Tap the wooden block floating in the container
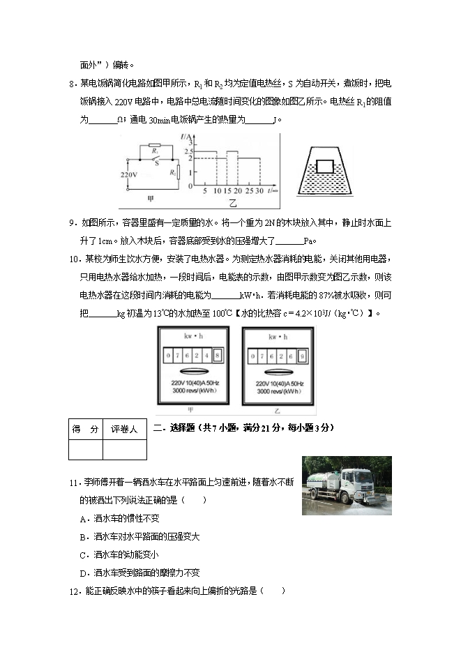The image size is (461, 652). point(325,166)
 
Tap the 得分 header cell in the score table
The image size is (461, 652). point(85,430)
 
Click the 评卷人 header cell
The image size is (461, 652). point(124,430)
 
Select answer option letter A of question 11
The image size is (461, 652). point(83,519)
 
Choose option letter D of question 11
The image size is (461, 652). point(83,573)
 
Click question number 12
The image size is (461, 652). point(73,591)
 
